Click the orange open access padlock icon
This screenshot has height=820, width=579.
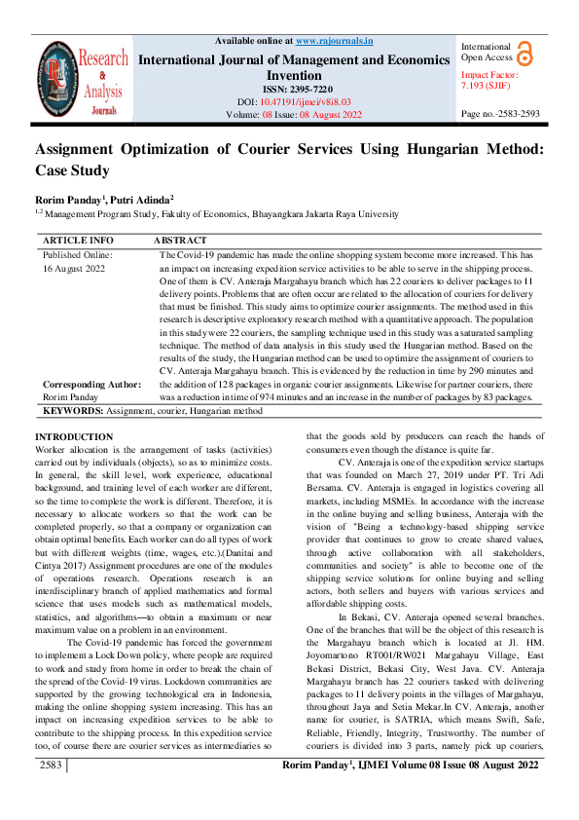[525, 53]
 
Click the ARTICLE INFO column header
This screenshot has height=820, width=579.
[78, 240]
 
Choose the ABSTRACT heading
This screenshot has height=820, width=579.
[180, 240]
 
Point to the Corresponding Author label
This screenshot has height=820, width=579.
[90, 385]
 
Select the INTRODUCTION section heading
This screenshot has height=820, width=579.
[74, 436]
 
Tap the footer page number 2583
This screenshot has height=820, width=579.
[51, 794]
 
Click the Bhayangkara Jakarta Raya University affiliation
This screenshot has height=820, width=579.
[320, 213]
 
